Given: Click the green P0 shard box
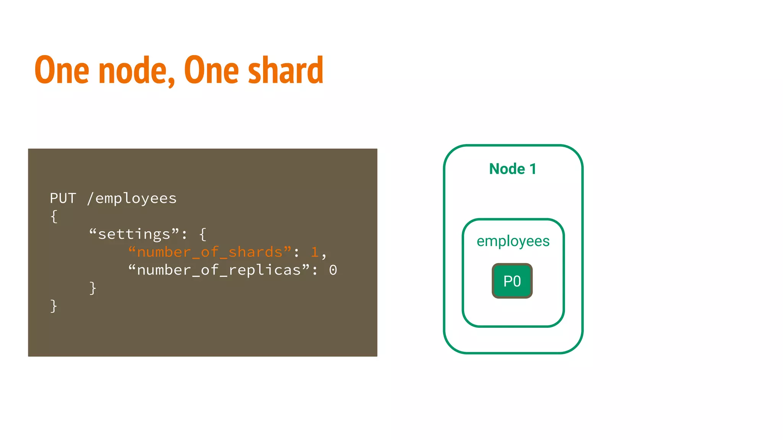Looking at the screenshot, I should (x=512, y=281).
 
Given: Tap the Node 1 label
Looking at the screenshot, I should (x=513, y=169).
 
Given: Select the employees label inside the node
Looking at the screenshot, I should (x=513, y=241).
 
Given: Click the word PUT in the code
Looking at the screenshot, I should (x=63, y=198).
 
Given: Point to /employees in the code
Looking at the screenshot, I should (x=132, y=199).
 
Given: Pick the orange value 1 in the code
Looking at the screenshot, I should (x=315, y=252).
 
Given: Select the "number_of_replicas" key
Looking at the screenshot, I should (x=219, y=270).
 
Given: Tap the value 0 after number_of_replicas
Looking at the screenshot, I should (x=333, y=270).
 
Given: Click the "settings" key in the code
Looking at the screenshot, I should (x=134, y=234).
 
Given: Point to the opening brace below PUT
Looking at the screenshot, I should (x=54, y=217).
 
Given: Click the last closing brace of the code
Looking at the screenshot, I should (x=54, y=306).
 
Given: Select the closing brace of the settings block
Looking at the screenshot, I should (x=93, y=288).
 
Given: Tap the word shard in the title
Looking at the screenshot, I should (x=286, y=70).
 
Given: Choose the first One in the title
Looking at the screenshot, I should (x=62, y=70).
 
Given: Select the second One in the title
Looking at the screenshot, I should (x=211, y=70).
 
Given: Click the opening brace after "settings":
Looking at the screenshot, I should (x=203, y=234).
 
